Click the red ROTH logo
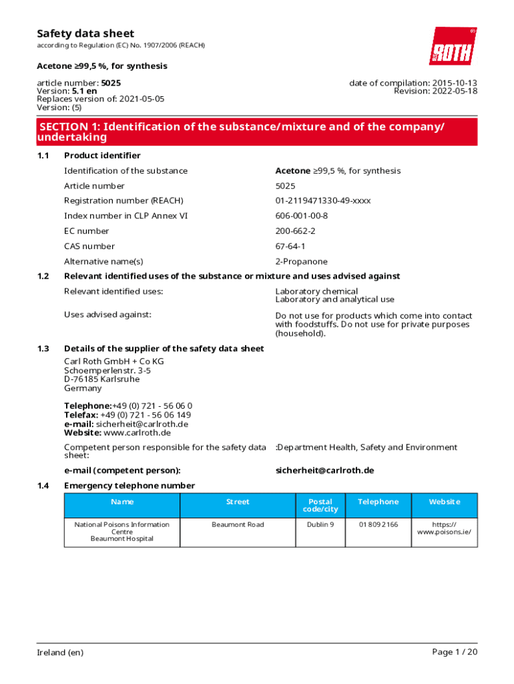[x=453, y=46]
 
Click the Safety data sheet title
[x=85, y=33]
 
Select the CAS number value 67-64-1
[x=291, y=246]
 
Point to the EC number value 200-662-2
[x=295, y=231]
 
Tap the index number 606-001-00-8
[x=302, y=216]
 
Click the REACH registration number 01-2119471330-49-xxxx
[x=323, y=200]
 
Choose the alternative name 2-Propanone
[x=301, y=262]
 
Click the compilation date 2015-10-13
[x=454, y=83]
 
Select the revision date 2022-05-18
[x=454, y=92]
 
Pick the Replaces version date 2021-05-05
[x=142, y=99]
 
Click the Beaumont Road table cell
[x=238, y=525]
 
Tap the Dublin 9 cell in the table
[x=320, y=525]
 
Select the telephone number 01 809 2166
[x=378, y=525]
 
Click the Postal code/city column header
[x=320, y=506]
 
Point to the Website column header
[x=444, y=502]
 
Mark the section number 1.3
[x=43, y=349]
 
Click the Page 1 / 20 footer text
[x=455, y=652]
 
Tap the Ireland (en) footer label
[x=60, y=653]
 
